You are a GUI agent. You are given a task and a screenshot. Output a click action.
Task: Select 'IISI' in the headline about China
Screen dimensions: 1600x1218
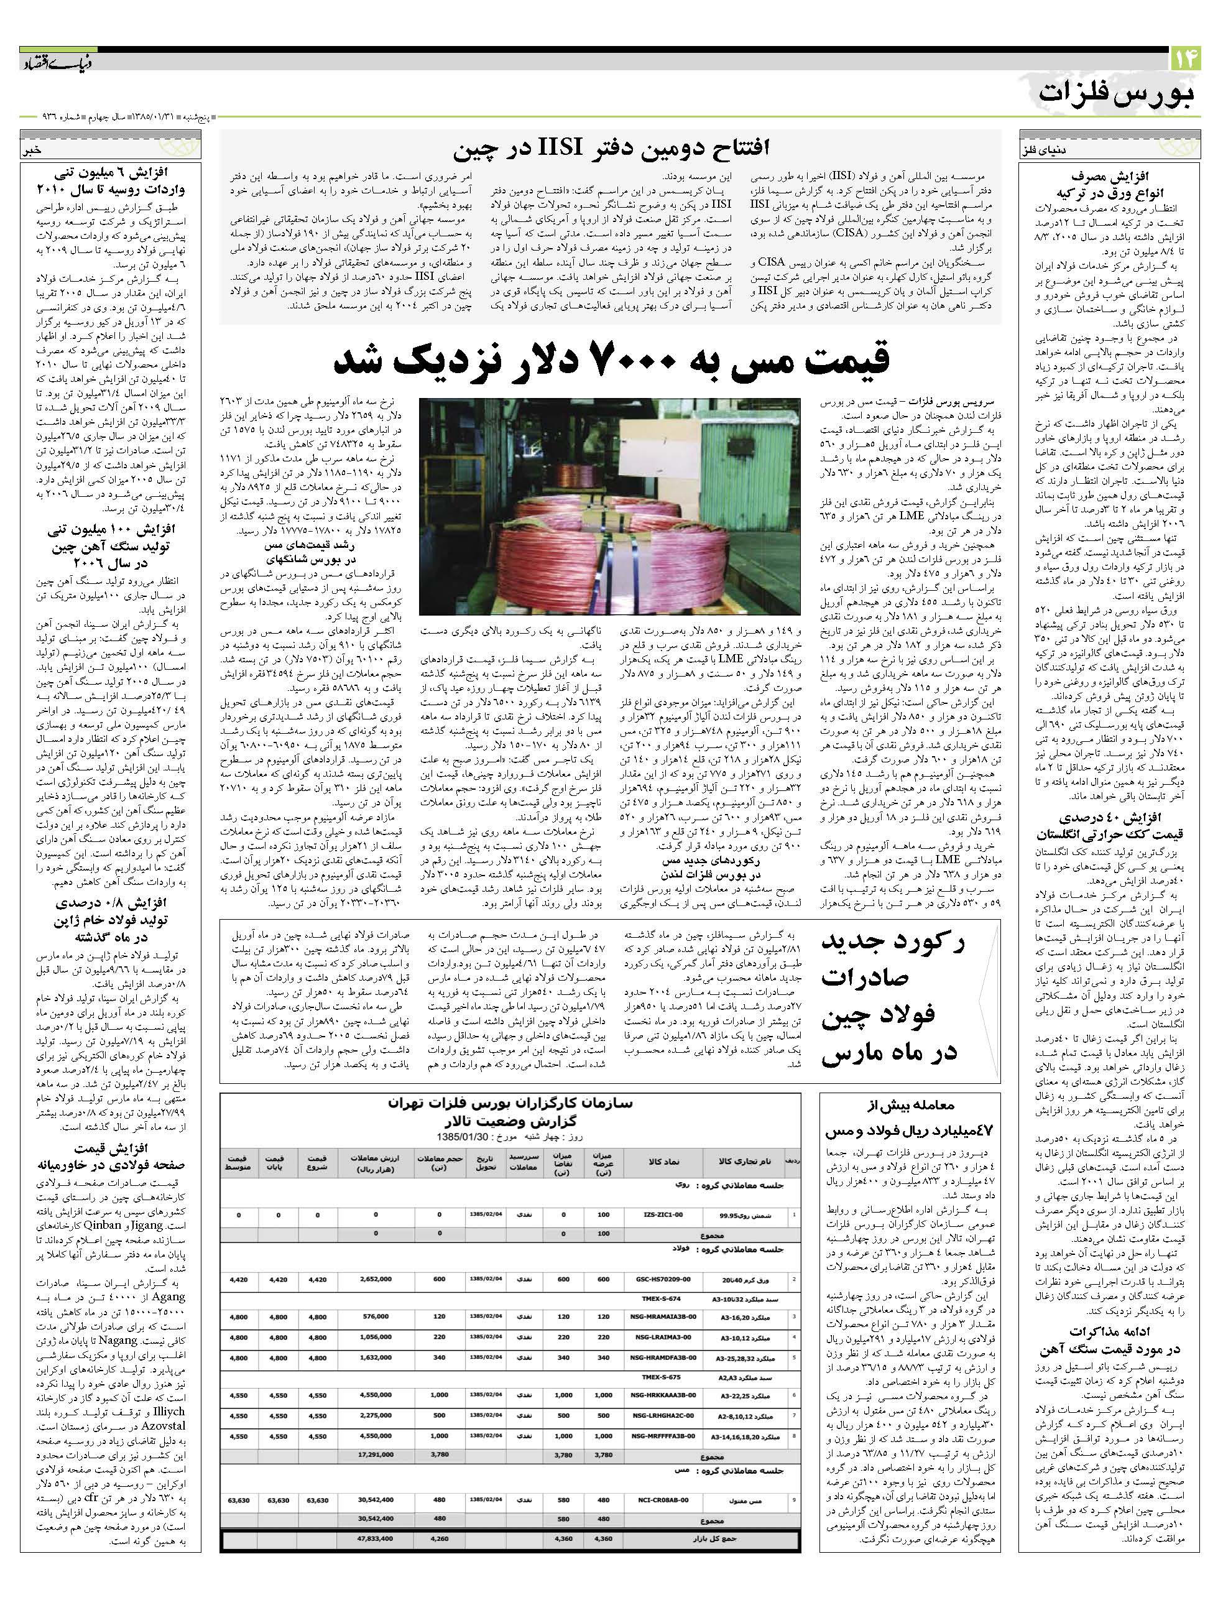[x=561, y=150]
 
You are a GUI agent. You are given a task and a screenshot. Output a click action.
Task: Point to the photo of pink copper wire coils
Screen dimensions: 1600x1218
[x=610, y=506]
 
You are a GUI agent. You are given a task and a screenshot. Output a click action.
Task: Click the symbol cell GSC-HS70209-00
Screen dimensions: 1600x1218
[x=661, y=1280]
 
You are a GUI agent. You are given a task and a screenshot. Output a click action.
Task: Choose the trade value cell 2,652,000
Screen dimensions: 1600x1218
[x=376, y=1280]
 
